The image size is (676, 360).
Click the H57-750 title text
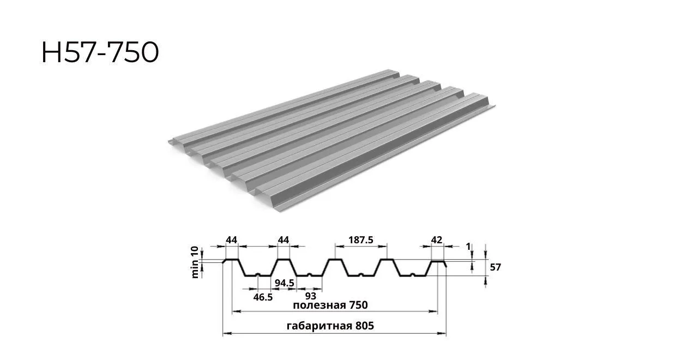coord(100,52)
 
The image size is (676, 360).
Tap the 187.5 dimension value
coord(361,240)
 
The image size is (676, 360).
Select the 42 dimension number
coord(437,240)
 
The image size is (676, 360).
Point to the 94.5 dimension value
coord(284,283)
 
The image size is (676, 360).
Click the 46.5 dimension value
coord(263,297)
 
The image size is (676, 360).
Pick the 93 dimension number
coord(311,296)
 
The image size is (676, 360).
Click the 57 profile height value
coord(495,267)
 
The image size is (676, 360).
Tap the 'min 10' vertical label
coord(195,262)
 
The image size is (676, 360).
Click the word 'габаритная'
coord(319,326)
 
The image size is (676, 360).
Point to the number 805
coord(365,326)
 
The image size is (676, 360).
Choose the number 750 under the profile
coord(359,305)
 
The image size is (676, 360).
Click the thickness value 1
coord(468,247)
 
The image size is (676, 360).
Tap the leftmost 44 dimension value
coord(232,240)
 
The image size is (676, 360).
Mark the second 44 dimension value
coord(283,240)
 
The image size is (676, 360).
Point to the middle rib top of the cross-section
coord(335,260)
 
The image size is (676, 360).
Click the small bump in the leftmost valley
coord(258,274)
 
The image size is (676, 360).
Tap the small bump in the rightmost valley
coord(413,274)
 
